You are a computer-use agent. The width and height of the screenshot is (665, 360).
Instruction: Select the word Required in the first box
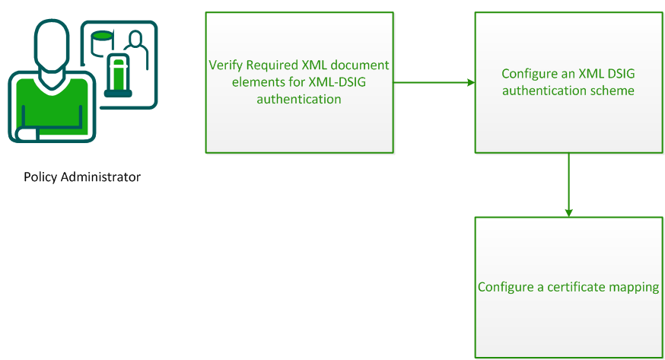268,65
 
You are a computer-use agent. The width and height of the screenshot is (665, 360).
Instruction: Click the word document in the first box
360,65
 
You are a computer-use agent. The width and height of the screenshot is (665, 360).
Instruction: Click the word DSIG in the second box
618,74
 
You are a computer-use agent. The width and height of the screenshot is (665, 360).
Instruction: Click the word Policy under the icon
40,177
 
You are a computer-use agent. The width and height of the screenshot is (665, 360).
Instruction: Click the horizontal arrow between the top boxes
434,82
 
